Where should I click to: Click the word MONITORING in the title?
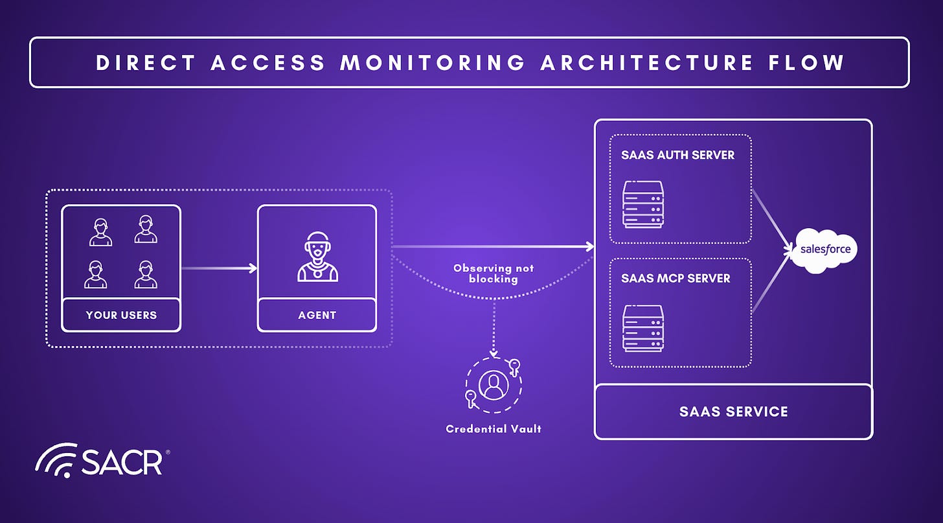pyautogui.click(x=433, y=62)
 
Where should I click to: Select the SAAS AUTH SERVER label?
pyautogui.click(x=677, y=155)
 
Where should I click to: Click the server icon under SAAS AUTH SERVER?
pyautogui.click(x=643, y=205)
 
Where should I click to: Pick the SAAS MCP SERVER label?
pyautogui.click(x=676, y=279)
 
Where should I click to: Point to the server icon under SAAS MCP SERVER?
pyautogui.click(x=643, y=328)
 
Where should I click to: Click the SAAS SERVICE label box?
pyautogui.click(x=733, y=412)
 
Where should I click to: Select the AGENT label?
pyautogui.click(x=317, y=315)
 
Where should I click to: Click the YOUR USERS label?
pyautogui.click(x=121, y=315)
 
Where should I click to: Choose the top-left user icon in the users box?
pyautogui.click(x=100, y=232)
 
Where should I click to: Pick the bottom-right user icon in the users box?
pyautogui.click(x=146, y=274)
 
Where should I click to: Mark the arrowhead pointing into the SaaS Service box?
pyautogui.click(x=589, y=246)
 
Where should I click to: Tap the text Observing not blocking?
pyautogui.click(x=494, y=273)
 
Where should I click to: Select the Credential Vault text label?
pyautogui.click(x=494, y=428)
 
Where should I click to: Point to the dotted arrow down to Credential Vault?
pyautogui.click(x=494, y=327)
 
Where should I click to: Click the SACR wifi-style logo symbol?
pyautogui.click(x=56, y=460)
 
